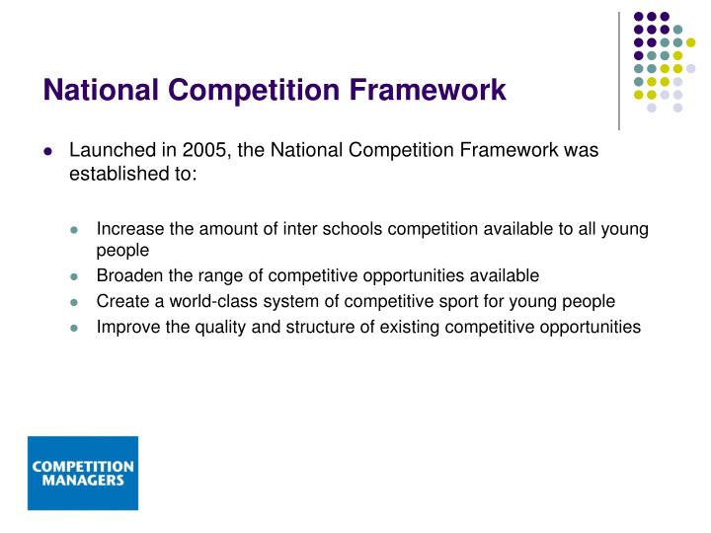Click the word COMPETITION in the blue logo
click(83, 466)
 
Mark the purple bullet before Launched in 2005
click(47, 152)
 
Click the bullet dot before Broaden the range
click(74, 277)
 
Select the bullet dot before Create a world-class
click(74, 302)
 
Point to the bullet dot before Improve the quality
click(74, 327)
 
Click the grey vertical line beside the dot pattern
click(619, 69)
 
